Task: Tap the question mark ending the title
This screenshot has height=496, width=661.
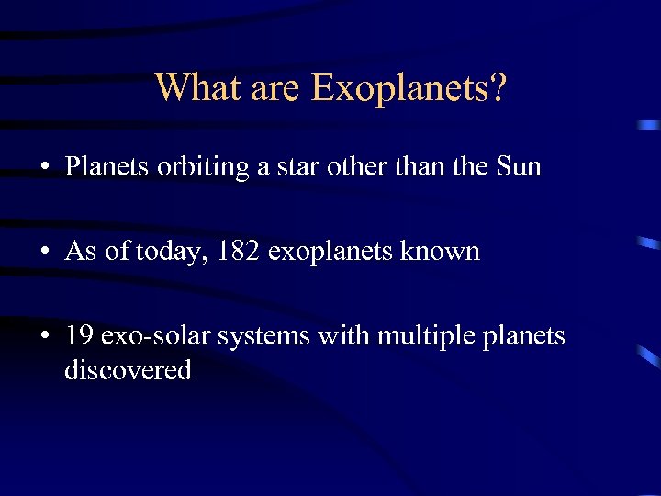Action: (x=498, y=88)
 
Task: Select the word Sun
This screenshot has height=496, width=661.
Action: (x=518, y=167)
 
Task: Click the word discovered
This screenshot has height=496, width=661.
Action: (x=128, y=370)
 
